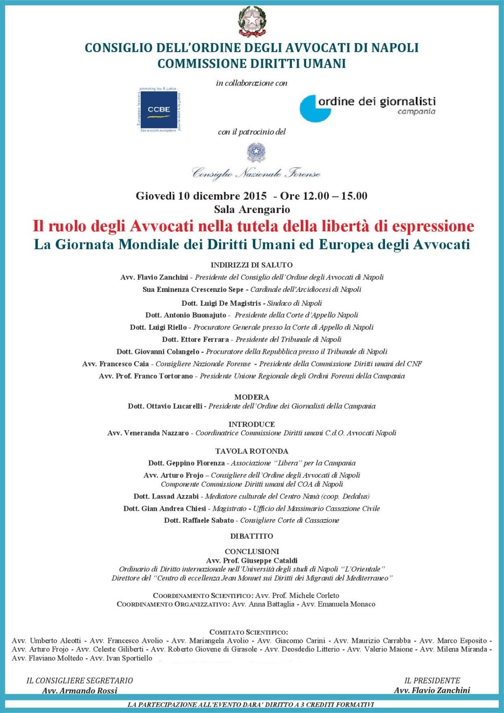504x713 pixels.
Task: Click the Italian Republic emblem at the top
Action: [x=251, y=20]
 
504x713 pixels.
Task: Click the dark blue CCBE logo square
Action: [x=159, y=109]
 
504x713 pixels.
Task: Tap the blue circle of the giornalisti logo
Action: [x=313, y=109]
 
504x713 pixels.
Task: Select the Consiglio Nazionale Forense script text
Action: [x=256, y=173]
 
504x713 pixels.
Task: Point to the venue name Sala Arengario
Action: [x=252, y=209]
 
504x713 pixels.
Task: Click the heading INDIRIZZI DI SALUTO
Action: [x=252, y=265]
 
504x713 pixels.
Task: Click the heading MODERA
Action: [x=252, y=397]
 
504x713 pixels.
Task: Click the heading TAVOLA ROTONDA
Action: [x=252, y=451]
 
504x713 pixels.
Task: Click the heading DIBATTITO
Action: [x=252, y=536]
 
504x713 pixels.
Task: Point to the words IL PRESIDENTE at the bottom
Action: [x=432, y=680]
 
